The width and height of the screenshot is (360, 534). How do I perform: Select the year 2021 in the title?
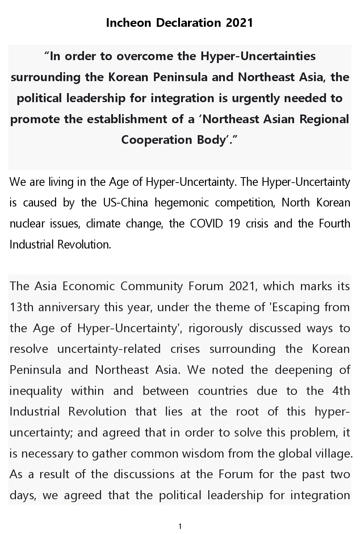click(239, 23)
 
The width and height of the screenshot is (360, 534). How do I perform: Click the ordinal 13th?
click(21, 307)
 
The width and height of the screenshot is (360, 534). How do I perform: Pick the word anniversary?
click(69, 307)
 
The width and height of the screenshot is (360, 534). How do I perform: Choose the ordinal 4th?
click(341, 391)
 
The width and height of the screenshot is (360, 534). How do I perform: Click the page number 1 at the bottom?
click(180, 526)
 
